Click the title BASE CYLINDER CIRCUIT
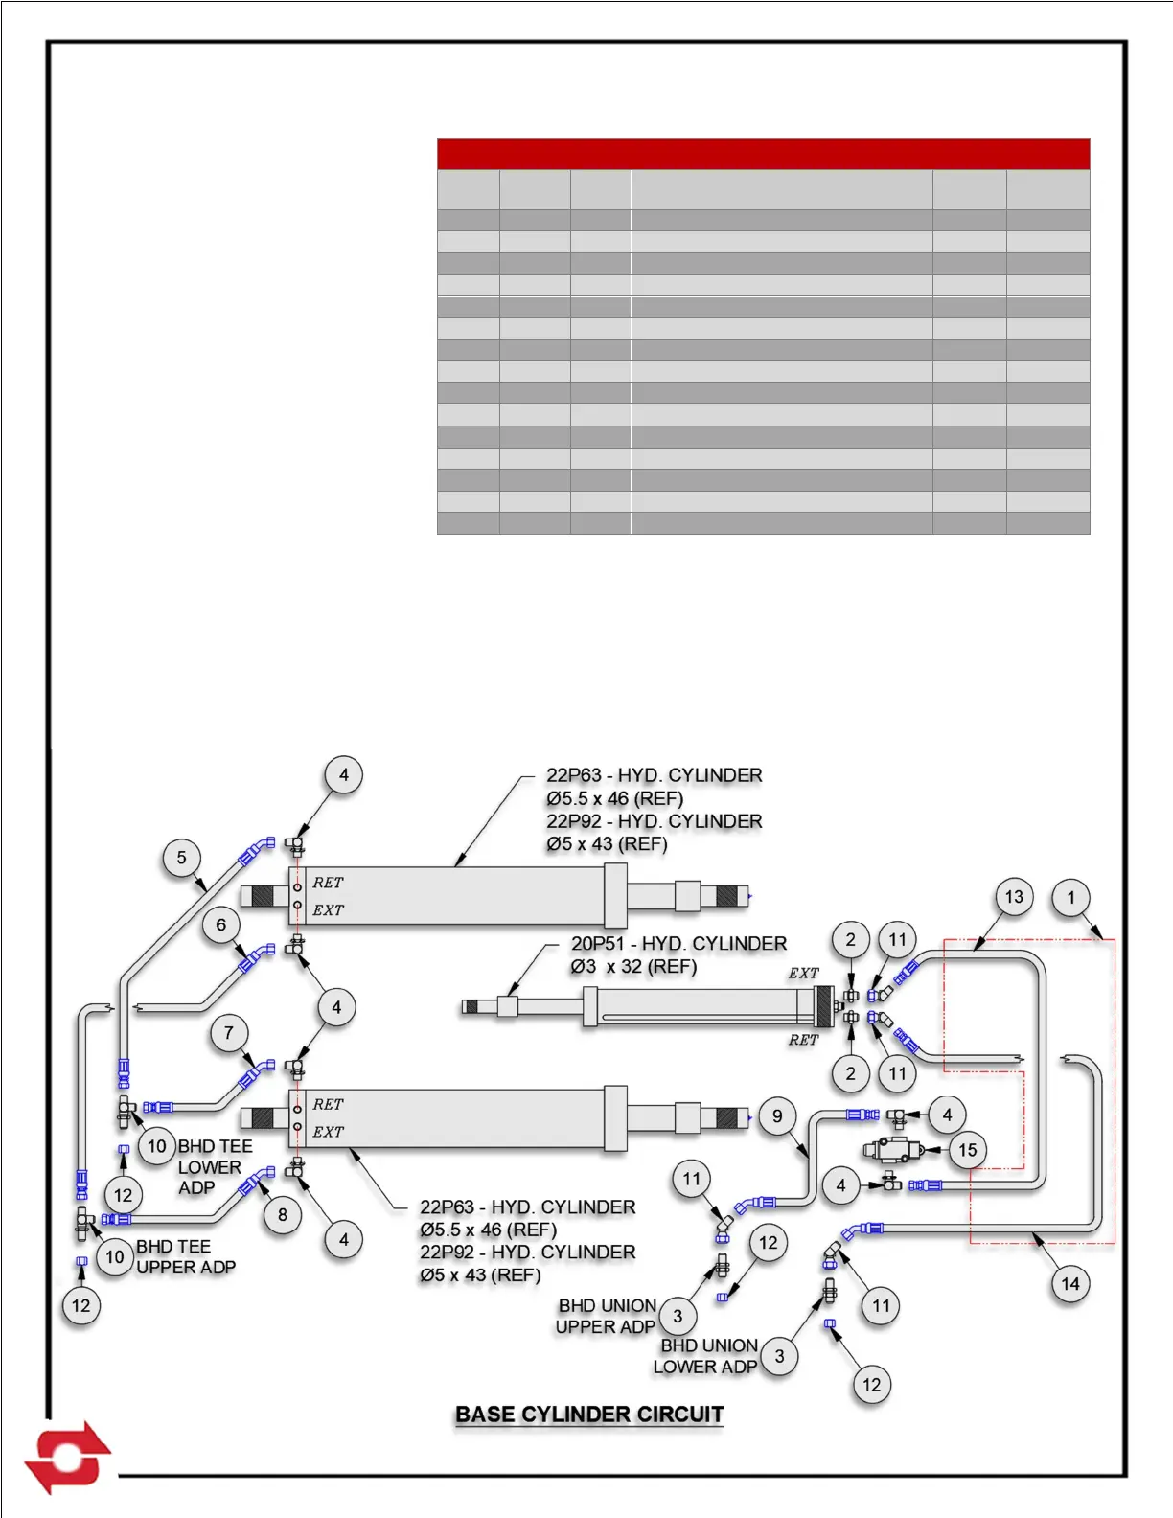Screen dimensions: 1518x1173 589,1414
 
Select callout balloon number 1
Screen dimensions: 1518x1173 1071,898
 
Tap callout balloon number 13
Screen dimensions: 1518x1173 1014,897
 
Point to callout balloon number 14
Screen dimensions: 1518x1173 1070,1283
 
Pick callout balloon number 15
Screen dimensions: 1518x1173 968,1150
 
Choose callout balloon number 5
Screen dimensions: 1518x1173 182,858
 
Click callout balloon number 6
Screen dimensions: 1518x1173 221,925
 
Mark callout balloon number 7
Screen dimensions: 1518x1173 229,1033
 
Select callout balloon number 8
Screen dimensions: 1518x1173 283,1215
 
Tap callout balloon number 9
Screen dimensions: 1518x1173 777,1115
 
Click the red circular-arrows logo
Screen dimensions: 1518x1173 67,1457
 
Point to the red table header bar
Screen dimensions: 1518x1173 763,153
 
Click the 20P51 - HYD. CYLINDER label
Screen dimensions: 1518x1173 678,944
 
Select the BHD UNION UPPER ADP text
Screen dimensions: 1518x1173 607,1316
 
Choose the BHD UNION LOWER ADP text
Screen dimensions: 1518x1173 706,1356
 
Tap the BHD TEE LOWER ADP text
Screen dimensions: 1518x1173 213,1166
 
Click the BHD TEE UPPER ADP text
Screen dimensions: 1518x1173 185,1256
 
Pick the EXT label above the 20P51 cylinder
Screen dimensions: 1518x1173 803,974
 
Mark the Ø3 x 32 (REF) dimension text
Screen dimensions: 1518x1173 633,967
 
